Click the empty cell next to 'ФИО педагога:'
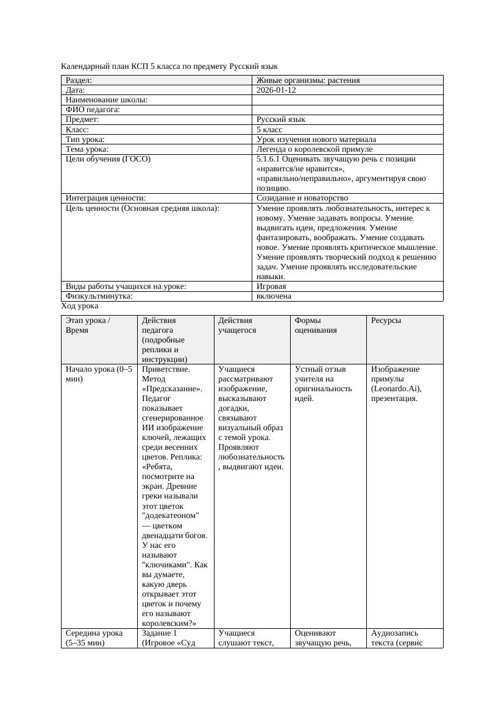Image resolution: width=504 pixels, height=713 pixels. click(347, 110)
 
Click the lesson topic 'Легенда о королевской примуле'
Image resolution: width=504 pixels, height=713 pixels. click(314, 149)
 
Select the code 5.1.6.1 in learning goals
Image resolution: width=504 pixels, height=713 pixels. click(268, 159)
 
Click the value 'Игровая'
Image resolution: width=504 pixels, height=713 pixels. click(272, 286)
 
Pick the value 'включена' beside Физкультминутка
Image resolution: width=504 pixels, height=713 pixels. click(274, 296)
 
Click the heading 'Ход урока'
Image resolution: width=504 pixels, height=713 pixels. click(80, 306)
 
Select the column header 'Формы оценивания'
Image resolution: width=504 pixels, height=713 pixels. click(315, 325)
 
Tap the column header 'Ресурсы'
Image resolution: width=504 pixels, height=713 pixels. click(386, 320)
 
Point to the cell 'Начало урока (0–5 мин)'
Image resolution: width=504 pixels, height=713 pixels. click(98, 374)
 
